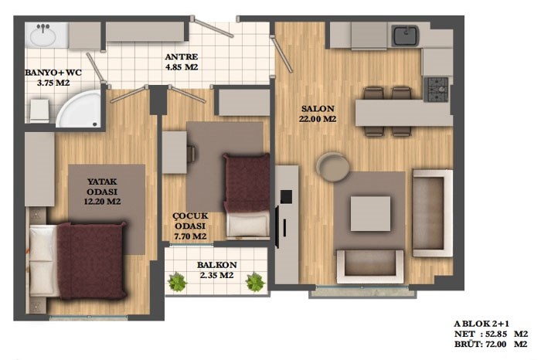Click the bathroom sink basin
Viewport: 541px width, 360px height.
coord(43,36)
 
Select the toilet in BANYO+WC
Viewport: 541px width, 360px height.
coord(39,111)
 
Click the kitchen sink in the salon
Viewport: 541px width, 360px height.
coord(405,36)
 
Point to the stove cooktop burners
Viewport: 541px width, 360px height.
coord(437,89)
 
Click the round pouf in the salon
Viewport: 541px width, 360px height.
coord(333,167)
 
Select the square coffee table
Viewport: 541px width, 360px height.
coord(370,214)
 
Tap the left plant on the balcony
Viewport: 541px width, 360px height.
coord(177,281)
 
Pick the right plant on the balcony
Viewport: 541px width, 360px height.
coord(255,281)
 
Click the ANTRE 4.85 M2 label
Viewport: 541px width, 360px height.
coord(182,62)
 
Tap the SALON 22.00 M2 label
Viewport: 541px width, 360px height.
coord(318,114)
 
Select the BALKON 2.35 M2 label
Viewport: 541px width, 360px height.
coord(217,270)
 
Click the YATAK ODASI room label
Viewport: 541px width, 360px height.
coord(102,192)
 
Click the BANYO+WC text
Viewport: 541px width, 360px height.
coord(53,73)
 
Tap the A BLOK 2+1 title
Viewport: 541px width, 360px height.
coord(481,324)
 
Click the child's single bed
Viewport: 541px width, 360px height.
coord(247,195)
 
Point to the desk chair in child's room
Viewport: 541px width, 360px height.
coord(192,153)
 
